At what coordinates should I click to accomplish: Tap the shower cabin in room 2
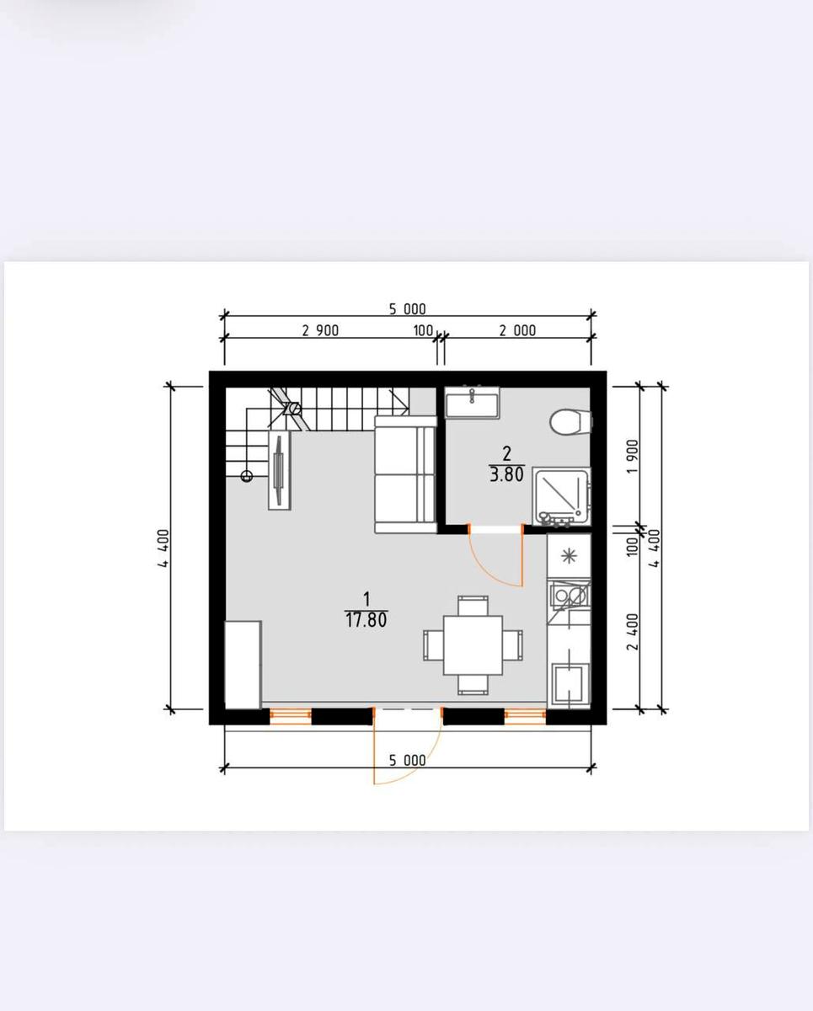coord(562,496)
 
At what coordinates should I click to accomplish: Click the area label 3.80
coord(506,475)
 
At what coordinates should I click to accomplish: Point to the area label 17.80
coord(366,620)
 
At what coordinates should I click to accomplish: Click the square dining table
coord(473,645)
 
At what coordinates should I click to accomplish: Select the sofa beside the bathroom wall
coord(405,474)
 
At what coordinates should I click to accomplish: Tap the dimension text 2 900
coord(320,331)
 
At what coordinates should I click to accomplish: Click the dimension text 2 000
coord(517,331)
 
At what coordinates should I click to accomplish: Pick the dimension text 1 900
coord(633,456)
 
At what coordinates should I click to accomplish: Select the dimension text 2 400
coord(633,631)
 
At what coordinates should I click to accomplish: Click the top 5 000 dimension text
coord(408,309)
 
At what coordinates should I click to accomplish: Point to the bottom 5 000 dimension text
coord(408,760)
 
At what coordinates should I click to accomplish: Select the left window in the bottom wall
coord(291,716)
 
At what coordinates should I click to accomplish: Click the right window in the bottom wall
coord(526,716)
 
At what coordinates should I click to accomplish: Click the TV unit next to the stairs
coord(279,470)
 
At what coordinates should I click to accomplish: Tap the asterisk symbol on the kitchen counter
coord(570,556)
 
